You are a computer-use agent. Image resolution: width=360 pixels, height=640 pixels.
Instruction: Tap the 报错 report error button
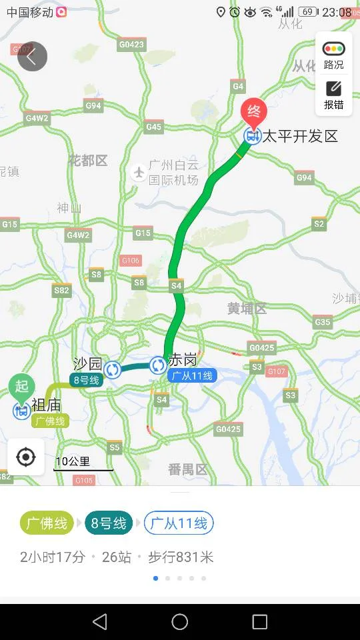coord(334,95)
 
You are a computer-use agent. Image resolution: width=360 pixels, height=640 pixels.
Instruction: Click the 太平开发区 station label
coord(299,137)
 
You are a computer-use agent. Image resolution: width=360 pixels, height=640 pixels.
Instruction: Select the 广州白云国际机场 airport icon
coord(139,172)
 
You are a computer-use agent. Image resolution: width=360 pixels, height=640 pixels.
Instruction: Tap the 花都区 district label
coord(87,161)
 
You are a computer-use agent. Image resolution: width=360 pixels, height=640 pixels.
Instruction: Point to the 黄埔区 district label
coord(247,309)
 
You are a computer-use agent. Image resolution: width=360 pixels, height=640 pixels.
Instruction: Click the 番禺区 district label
coord(187,469)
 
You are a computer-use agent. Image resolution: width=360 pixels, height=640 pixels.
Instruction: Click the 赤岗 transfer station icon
coord(158,365)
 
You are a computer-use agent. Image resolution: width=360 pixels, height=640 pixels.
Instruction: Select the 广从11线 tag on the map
coord(192,376)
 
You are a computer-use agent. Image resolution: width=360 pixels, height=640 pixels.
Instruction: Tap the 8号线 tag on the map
coord(85,380)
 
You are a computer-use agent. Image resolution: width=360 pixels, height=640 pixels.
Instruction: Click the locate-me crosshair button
coord(26,457)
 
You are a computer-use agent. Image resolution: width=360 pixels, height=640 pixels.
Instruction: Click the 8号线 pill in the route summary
coord(109,523)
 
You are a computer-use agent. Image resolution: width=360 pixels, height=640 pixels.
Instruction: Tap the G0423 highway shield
coord(131,45)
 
